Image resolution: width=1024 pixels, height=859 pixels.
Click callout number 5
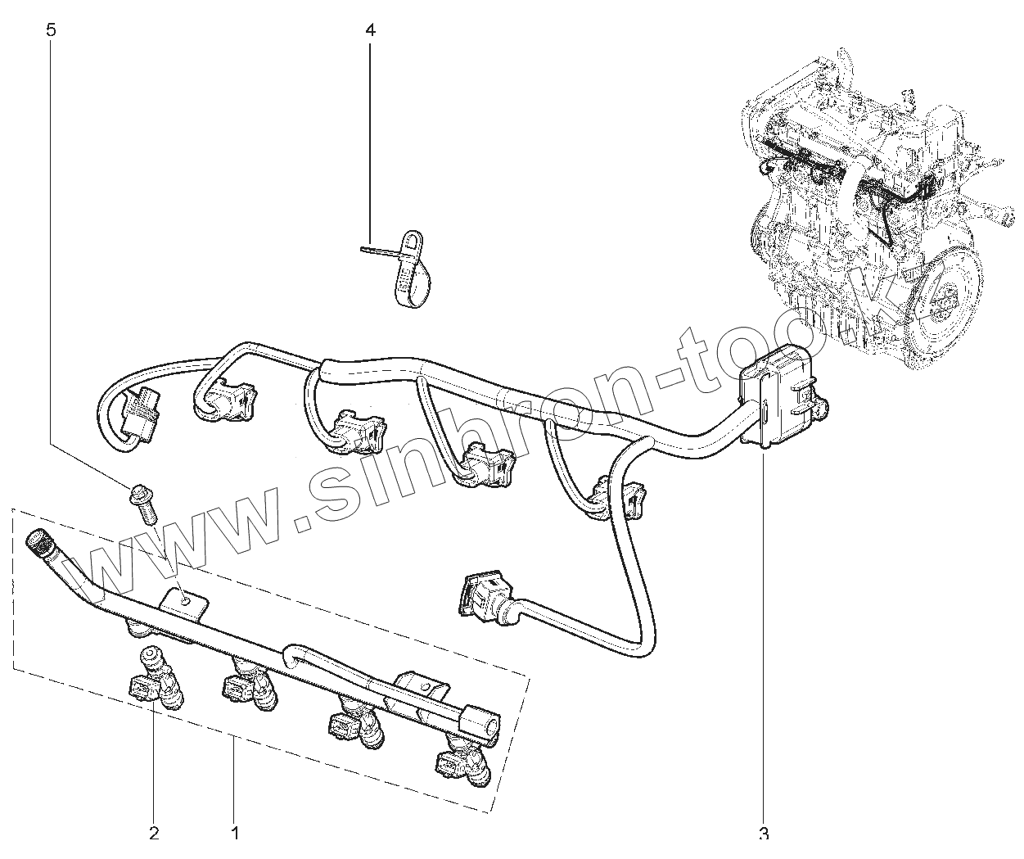point(52,31)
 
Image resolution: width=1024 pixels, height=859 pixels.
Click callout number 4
point(370,31)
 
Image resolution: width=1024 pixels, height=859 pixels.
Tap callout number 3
point(763,834)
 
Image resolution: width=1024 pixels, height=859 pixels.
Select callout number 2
point(153,834)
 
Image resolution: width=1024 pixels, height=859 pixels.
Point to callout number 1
point(235,834)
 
